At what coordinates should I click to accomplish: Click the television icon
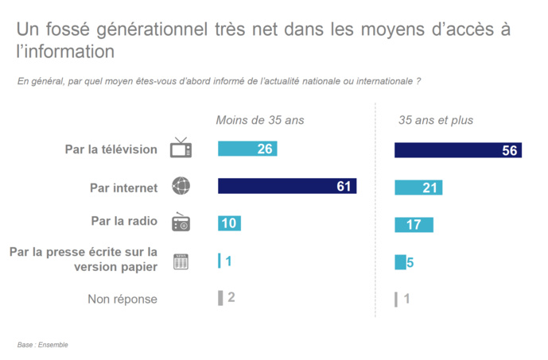181,149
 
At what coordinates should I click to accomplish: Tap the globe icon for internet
181,187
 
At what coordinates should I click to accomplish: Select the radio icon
181,223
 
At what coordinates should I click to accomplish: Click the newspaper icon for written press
181,261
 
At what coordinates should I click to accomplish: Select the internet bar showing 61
286,187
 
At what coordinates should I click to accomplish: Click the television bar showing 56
457,150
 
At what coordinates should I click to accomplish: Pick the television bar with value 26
247,149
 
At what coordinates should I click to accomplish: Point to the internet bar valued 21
418,188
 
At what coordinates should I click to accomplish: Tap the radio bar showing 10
229,223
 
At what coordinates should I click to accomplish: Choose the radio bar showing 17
414,225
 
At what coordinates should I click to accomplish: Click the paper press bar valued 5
401,262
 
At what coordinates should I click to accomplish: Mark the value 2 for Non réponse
231,297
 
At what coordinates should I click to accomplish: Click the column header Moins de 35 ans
260,120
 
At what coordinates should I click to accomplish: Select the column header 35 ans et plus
436,120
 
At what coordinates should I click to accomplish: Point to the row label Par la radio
124,222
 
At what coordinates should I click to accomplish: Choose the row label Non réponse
122,299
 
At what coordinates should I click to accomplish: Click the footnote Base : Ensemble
43,345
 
